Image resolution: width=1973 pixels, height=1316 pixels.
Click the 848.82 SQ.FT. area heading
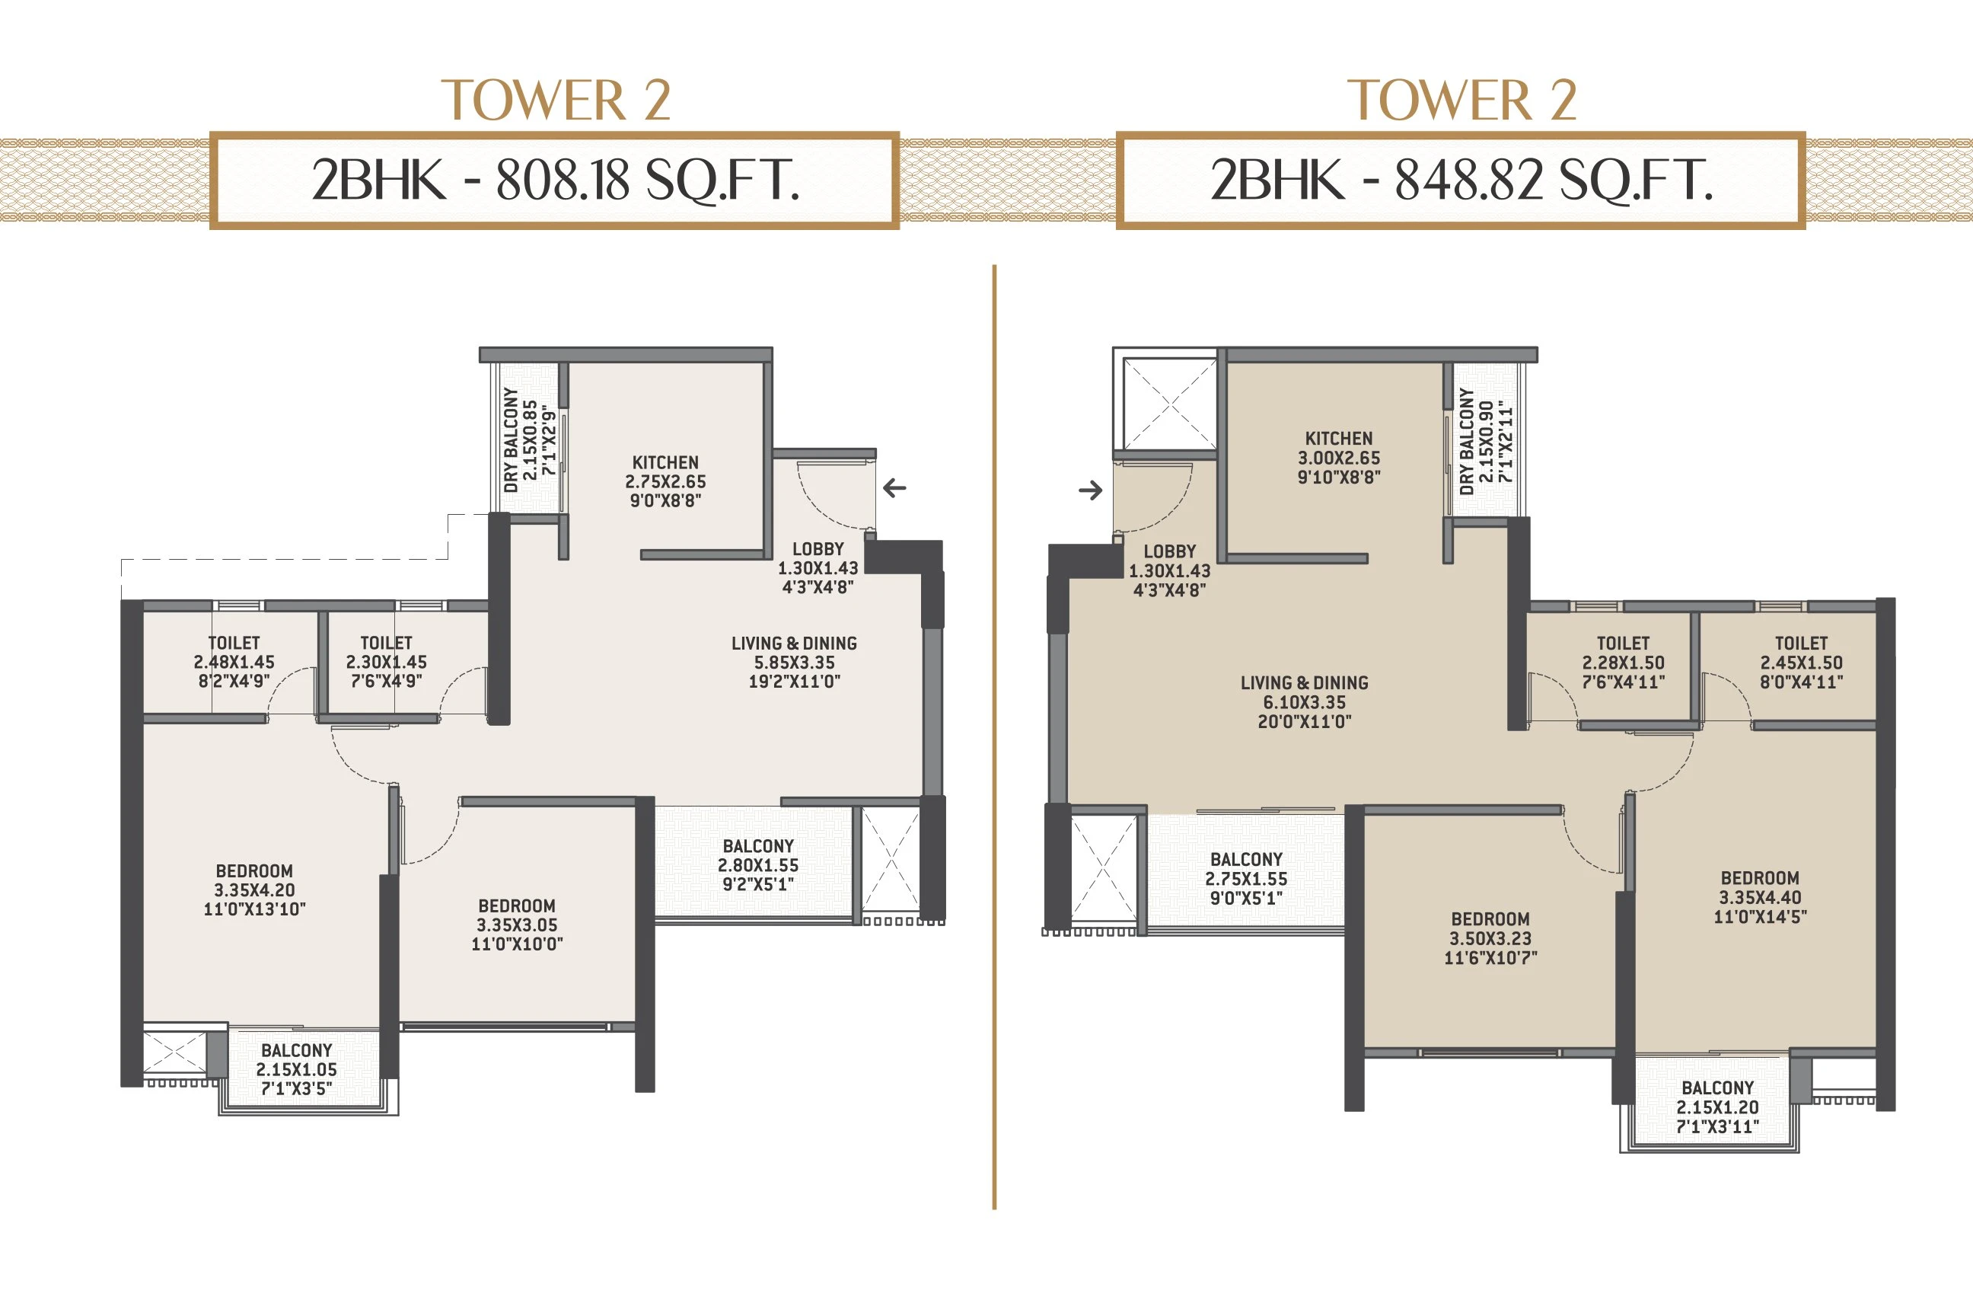(1461, 180)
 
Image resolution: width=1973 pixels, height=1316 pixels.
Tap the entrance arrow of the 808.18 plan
(894, 487)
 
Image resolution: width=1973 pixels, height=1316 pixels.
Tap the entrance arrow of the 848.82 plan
(1091, 490)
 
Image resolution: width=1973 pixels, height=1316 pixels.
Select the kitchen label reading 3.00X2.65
(1339, 458)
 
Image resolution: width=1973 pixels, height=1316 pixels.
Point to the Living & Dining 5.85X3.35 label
(794, 663)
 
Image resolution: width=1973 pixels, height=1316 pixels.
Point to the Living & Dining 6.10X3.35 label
(1305, 701)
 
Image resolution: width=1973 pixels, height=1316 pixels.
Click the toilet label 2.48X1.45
(234, 663)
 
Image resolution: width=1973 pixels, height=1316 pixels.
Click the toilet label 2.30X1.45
(386, 663)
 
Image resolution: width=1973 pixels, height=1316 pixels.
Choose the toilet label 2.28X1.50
(1623, 663)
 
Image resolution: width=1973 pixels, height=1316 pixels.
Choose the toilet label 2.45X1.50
(1801, 663)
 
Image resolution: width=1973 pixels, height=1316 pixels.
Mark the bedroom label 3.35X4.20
(254, 890)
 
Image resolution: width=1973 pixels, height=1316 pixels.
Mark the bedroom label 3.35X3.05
(517, 924)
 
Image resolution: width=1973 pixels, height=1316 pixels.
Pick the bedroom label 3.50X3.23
(1490, 938)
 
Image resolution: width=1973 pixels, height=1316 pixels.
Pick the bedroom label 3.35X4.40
(1760, 897)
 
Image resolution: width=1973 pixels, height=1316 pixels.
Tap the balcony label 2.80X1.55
(757, 864)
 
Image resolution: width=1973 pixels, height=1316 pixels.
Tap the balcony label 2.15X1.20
(1717, 1107)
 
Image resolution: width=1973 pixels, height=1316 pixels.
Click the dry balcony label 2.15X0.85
(529, 439)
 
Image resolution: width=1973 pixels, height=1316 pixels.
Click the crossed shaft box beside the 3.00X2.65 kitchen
(1168, 404)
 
